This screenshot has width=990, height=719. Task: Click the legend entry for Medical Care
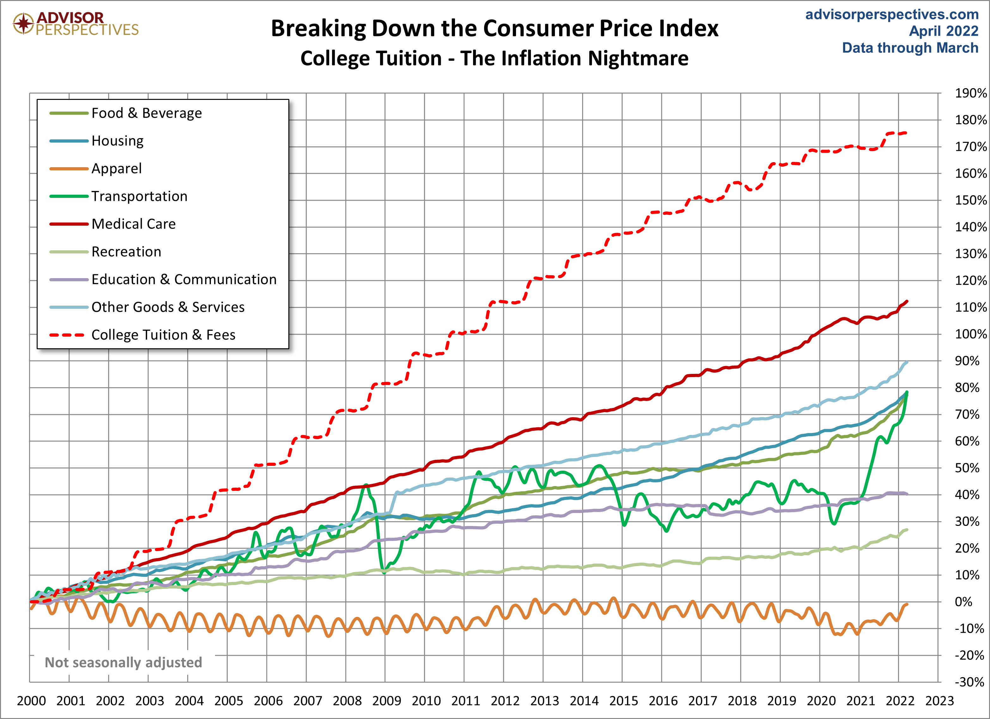(133, 224)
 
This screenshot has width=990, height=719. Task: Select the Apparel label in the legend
(117, 168)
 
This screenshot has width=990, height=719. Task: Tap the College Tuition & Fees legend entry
(163, 335)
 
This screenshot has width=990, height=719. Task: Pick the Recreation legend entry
(126, 252)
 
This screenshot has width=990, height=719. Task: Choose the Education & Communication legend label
(184, 279)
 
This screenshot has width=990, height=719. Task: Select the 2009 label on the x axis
(386, 701)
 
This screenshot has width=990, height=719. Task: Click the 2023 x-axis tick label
(939, 701)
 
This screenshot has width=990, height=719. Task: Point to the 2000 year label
(31, 701)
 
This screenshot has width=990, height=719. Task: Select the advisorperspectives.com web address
(892, 15)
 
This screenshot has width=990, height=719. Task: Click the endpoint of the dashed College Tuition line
(906, 133)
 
